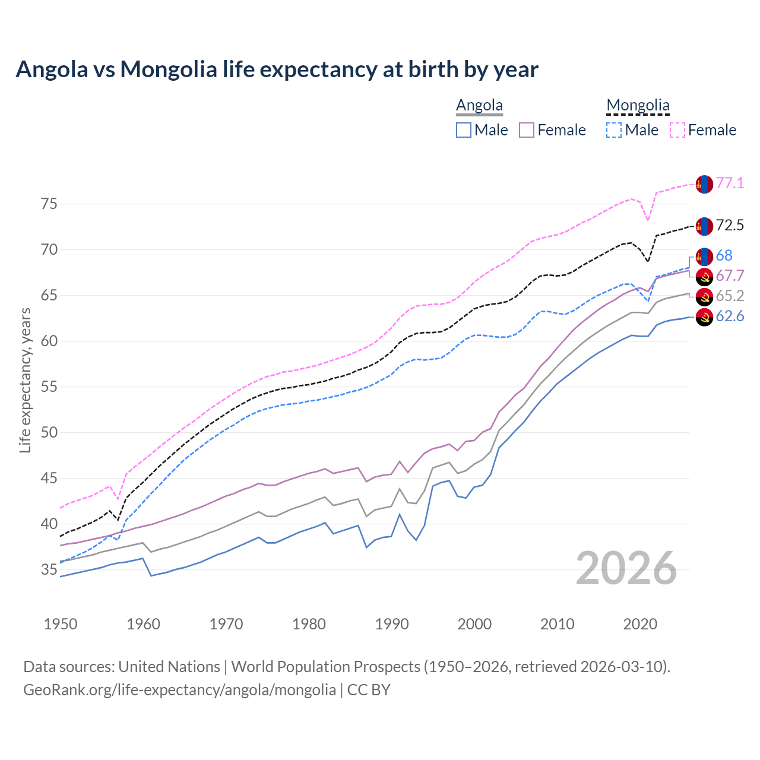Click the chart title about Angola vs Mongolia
click(x=277, y=69)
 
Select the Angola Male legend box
click(x=464, y=130)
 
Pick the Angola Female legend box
click(x=527, y=130)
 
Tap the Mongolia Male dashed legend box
click(x=614, y=130)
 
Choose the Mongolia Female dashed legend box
click(x=677, y=130)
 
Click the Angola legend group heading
click(x=479, y=105)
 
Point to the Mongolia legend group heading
click(x=638, y=105)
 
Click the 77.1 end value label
click(x=730, y=183)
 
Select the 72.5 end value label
click(x=730, y=225)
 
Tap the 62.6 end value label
click(x=730, y=316)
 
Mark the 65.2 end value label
click(x=730, y=296)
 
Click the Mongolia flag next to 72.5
click(x=704, y=226)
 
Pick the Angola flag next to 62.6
click(x=704, y=317)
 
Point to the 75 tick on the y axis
click(x=49, y=204)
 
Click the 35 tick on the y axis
click(x=49, y=570)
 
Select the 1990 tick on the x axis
click(x=392, y=624)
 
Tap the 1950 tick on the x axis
click(x=61, y=624)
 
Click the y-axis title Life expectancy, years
click(x=25, y=380)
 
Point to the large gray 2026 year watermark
click(x=626, y=568)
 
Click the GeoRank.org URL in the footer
click(x=179, y=690)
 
